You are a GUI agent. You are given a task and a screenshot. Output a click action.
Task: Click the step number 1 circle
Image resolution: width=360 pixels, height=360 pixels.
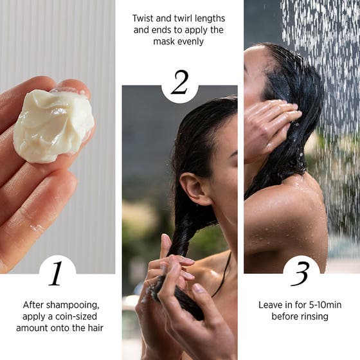click(x=57, y=273)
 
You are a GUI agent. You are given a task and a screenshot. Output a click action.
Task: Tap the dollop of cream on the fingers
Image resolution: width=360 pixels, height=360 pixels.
click(x=53, y=125)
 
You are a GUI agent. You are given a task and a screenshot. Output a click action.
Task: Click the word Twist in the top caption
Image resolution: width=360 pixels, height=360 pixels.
click(x=143, y=19)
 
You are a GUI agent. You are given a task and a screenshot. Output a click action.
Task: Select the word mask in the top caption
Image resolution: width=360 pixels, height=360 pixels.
click(x=163, y=41)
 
